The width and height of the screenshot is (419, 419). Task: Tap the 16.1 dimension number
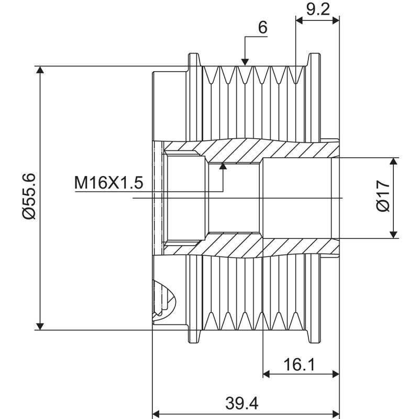pyautogui.click(x=301, y=365)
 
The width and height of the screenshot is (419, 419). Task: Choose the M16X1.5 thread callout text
pyautogui.click(x=108, y=183)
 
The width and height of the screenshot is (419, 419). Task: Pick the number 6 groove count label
pyautogui.click(x=262, y=28)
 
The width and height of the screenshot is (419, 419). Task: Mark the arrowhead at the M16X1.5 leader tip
pyautogui.click(x=223, y=166)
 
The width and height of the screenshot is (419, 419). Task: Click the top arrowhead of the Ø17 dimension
pyautogui.click(x=394, y=162)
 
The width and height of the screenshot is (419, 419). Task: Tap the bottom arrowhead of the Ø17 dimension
pyautogui.click(x=394, y=234)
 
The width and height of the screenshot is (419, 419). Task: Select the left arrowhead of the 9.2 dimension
pyautogui.click(x=300, y=20)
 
